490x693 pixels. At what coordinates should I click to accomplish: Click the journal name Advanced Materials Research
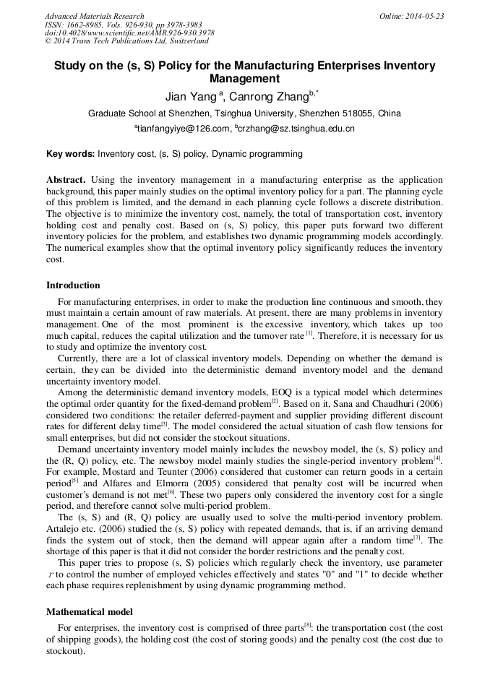[94, 16]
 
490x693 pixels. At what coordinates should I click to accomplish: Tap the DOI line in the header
[129, 33]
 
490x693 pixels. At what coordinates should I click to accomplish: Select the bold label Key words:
[70, 154]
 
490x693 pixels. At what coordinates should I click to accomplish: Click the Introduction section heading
[73, 285]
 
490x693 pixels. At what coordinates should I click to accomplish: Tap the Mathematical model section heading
[89, 611]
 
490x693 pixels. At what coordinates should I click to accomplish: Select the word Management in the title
[244, 79]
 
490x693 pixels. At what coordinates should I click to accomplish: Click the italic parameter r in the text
[50, 574]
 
